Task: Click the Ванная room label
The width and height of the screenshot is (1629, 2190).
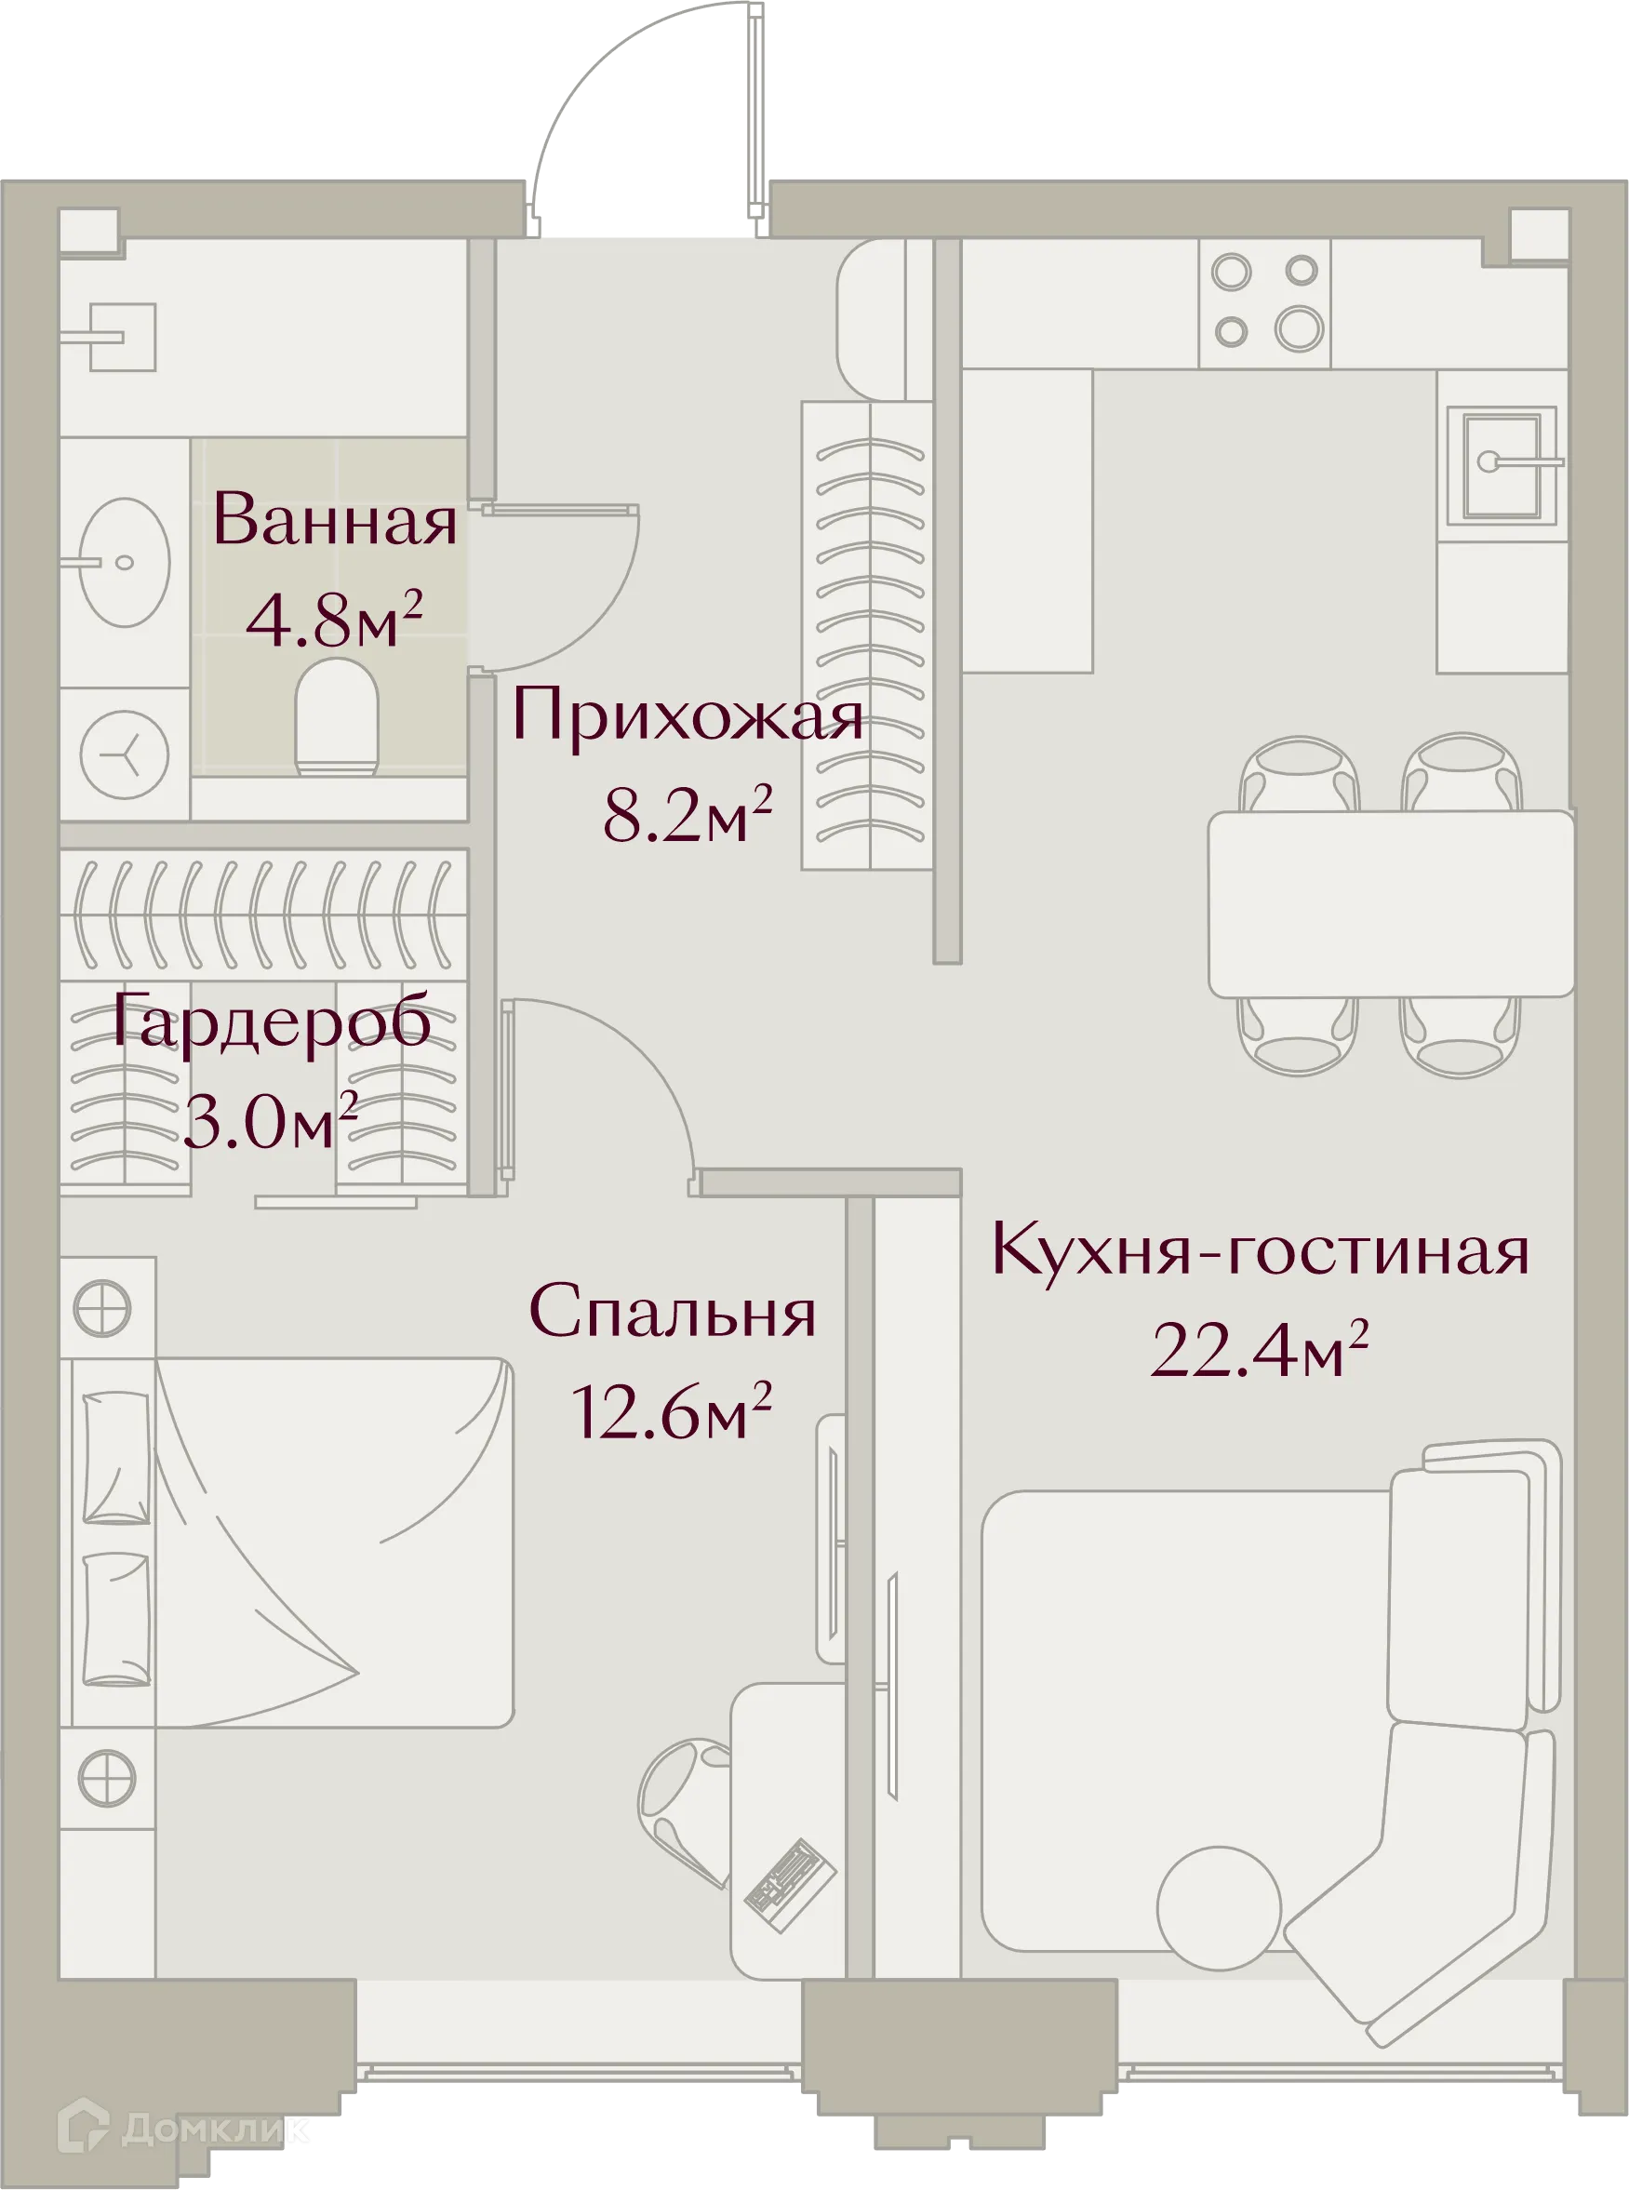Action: (x=334, y=521)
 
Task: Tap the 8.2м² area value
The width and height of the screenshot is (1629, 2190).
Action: (x=687, y=814)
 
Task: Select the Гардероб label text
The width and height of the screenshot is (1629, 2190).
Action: (x=270, y=1021)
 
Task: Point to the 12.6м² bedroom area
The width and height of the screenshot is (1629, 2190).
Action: (x=671, y=1413)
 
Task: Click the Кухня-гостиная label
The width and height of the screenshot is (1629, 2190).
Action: (x=1260, y=1250)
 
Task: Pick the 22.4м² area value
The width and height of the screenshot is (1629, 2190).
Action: (x=1260, y=1350)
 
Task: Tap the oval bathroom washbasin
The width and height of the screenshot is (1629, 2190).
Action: (x=125, y=562)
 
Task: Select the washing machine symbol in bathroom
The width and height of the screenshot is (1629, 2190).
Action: (x=125, y=755)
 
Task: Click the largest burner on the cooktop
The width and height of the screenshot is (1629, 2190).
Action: (x=1299, y=328)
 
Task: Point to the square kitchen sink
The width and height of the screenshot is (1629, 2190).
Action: (x=1501, y=466)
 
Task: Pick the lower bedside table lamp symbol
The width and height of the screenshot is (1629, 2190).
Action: (x=106, y=1778)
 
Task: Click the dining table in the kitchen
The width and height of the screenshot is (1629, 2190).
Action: (x=1390, y=903)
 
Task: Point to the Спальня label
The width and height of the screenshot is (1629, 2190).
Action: (x=673, y=1313)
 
